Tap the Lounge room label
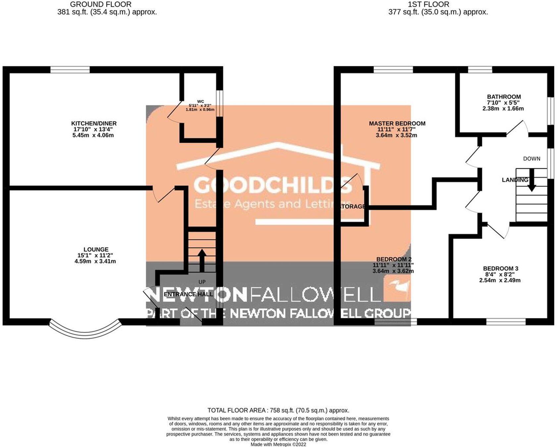click(96, 250)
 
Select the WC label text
click(201, 101)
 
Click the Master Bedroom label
click(397, 124)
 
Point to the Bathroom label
click(504, 97)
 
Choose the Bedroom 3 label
click(500, 269)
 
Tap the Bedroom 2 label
click(394, 259)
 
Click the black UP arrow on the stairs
click(202, 260)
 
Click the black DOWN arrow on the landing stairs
click(532, 180)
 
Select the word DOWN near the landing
click(532, 159)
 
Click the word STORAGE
click(353, 207)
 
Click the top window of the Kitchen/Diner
click(70, 70)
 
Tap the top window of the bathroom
click(480, 70)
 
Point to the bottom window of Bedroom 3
click(506, 322)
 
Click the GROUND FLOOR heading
click(101, 5)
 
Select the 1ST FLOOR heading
click(429, 5)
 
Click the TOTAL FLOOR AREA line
click(278, 411)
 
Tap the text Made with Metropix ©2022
click(278, 444)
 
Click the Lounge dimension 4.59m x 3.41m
click(95, 261)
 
